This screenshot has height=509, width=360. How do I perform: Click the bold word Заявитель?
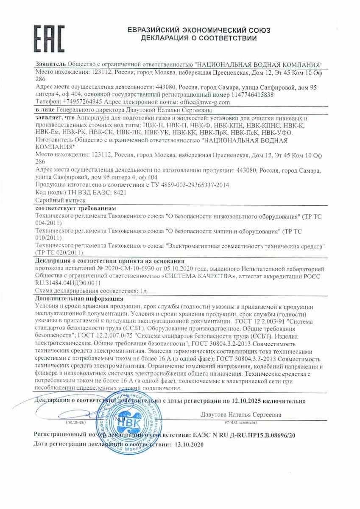pyautogui.click(x=50, y=64)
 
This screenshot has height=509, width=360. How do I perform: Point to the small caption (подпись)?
pyautogui.click(x=76, y=422)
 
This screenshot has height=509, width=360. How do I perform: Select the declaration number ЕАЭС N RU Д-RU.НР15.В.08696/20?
pyautogui.click(x=243, y=435)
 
